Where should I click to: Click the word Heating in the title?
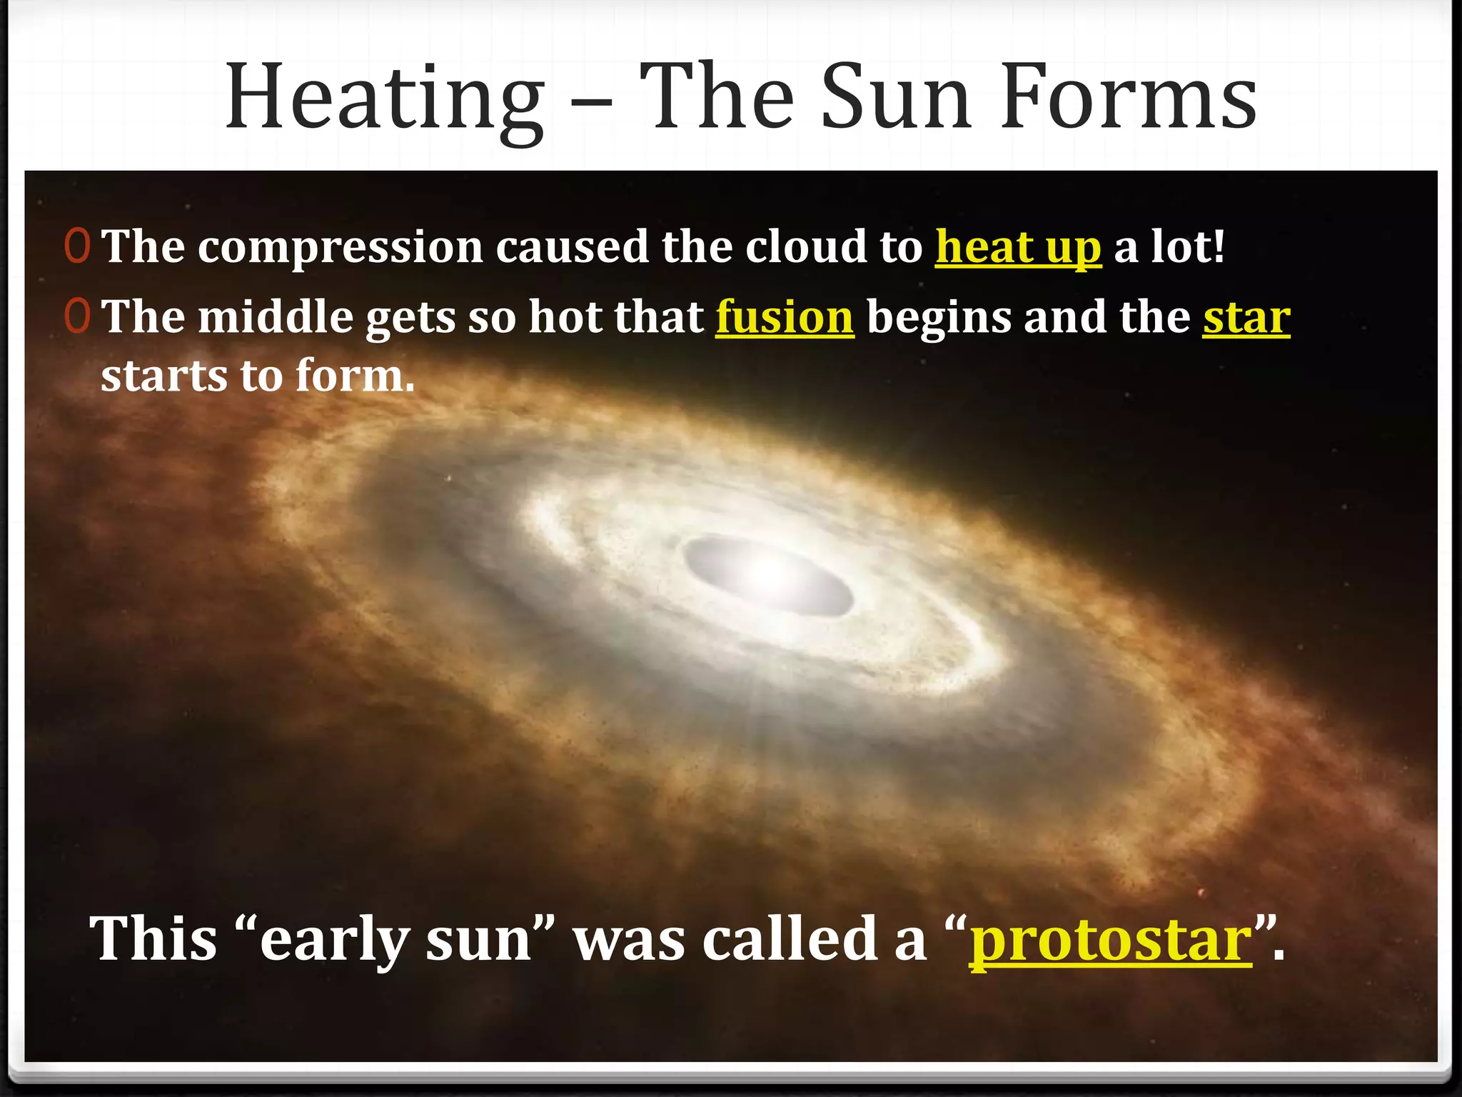[384, 99]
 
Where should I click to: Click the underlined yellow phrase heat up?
[1018, 247]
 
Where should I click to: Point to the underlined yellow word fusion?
[785, 317]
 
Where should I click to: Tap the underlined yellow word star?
[1246, 317]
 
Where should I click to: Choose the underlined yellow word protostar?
[1110, 940]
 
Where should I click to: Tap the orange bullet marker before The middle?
[77, 316]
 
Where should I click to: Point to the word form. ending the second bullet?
[355, 376]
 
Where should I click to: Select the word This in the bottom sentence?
[153, 940]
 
